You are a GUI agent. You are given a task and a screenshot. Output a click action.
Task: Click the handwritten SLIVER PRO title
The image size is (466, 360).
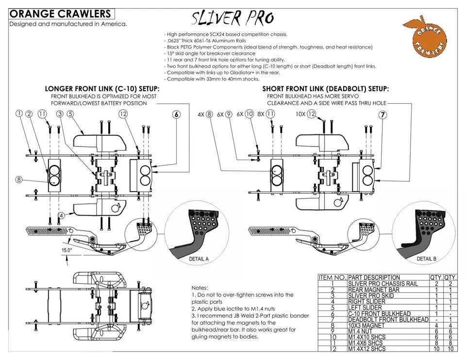233,18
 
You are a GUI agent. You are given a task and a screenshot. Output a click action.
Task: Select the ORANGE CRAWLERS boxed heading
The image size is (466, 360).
60,15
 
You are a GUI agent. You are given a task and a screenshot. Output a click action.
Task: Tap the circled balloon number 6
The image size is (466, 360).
177,115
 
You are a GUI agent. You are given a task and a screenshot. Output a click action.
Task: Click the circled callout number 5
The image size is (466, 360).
70,114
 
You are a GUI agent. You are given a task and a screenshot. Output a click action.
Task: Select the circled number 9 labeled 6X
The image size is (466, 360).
229,115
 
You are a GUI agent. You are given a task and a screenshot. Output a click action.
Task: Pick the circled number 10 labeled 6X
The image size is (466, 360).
250,115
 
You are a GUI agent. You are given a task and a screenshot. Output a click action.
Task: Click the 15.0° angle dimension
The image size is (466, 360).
67,250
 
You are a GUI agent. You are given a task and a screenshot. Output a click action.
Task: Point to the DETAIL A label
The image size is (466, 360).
199,259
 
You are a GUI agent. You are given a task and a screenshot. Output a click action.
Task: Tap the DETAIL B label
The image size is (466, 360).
426,259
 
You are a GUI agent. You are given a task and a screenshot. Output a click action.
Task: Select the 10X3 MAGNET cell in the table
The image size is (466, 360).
367,325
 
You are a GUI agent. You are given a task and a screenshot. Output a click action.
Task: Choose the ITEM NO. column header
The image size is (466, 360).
332,278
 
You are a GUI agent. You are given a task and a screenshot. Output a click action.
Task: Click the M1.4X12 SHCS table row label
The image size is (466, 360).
367,349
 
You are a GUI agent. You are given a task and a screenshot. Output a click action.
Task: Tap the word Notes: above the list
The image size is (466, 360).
200,288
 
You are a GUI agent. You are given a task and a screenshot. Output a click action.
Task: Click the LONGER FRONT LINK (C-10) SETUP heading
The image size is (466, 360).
102,89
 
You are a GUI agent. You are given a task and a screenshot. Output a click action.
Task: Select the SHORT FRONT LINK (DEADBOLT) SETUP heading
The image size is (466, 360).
325,89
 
